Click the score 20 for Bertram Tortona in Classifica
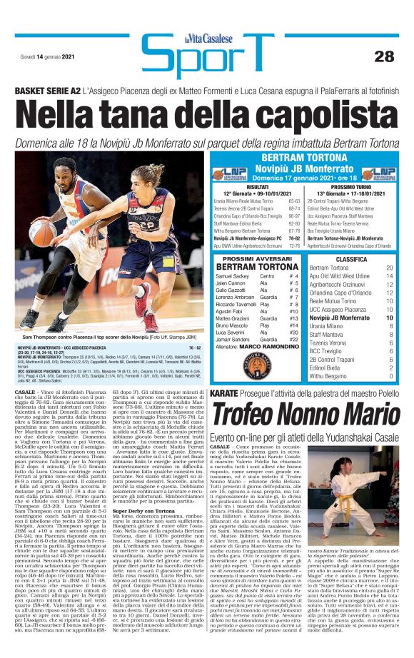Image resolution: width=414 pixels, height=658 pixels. coord(390,268)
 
